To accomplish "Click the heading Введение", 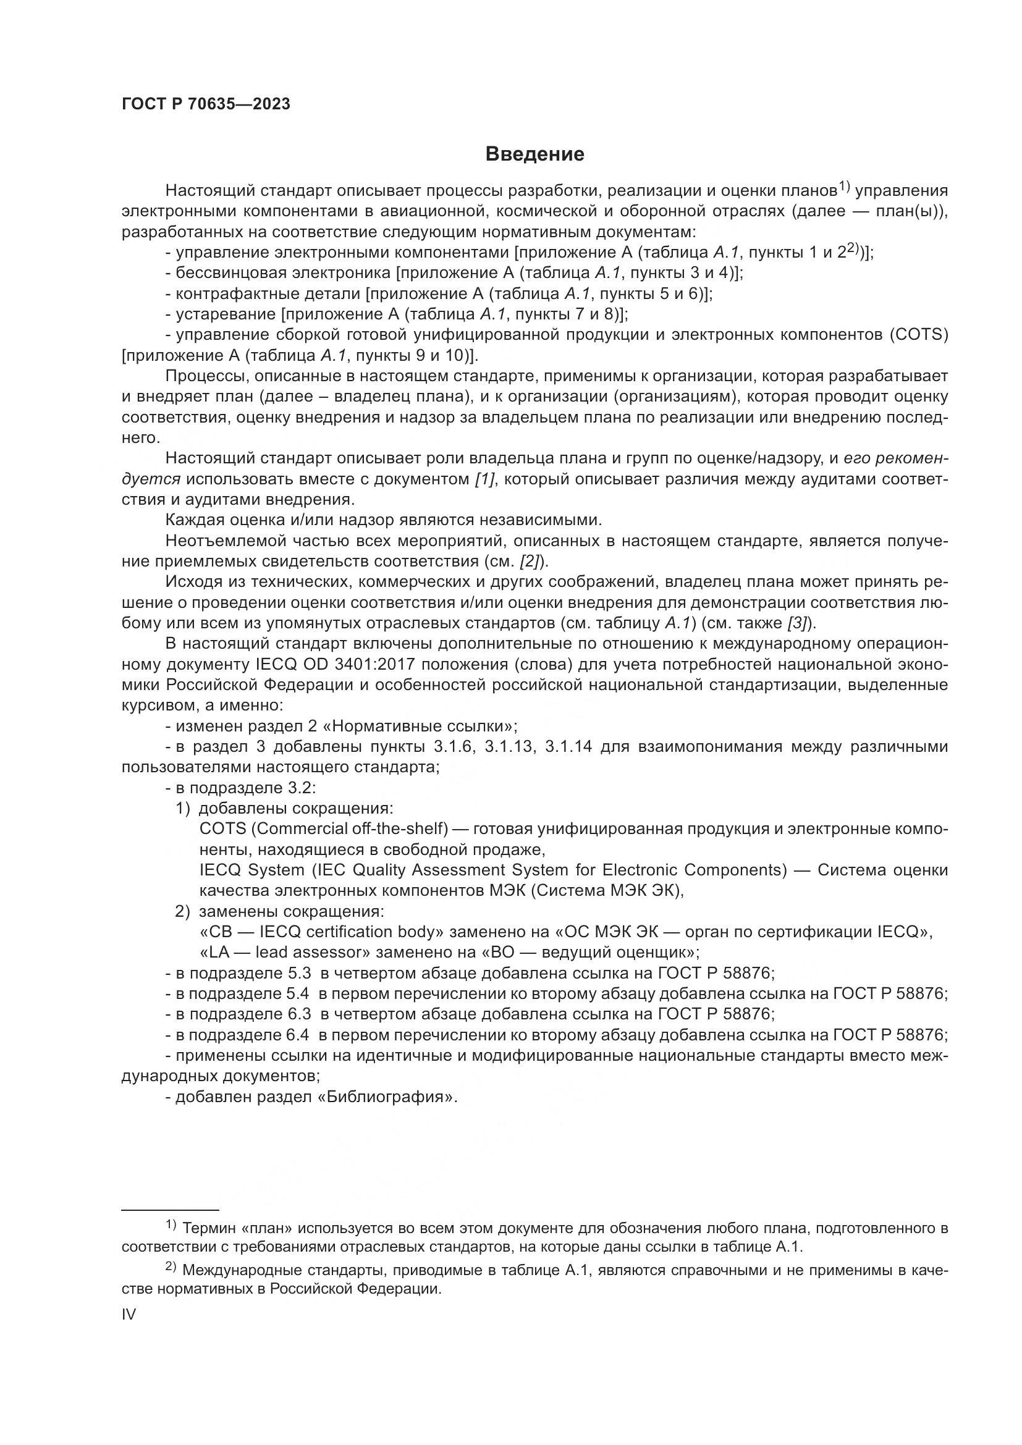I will pos(534,154).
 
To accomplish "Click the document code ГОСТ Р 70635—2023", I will pos(206,104).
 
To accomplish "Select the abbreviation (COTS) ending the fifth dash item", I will pos(919,335).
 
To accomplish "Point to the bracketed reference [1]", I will pos(485,479).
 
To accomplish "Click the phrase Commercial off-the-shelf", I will pos(349,829).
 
